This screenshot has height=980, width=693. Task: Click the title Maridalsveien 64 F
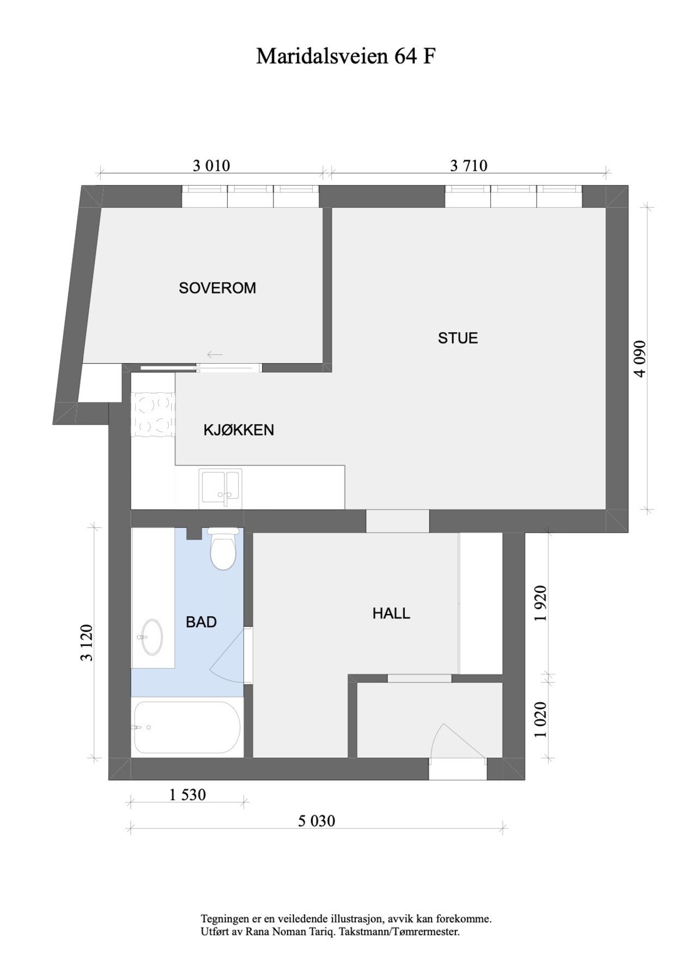click(x=346, y=56)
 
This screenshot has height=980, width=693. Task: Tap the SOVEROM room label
click(x=217, y=288)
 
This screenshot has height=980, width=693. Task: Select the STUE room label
click(x=458, y=338)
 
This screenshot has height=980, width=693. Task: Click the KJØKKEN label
click(x=239, y=430)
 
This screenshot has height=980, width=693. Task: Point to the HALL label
click(x=391, y=614)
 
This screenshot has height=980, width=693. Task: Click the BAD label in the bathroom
click(x=201, y=622)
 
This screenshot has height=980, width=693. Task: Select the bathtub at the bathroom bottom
click(x=187, y=727)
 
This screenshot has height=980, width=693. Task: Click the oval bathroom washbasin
click(x=151, y=636)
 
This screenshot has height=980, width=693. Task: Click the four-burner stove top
click(x=153, y=415)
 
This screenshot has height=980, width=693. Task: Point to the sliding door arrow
click(x=215, y=355)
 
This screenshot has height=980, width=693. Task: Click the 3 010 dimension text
click(x=211, y=166)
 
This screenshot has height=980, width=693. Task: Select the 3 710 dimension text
click(x=469, y=166)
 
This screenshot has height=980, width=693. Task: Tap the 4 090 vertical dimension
click(x=640, y=359)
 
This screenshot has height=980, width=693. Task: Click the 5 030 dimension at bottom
click(x=317, y=820)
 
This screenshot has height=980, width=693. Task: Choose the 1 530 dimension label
click(x=187, y=795)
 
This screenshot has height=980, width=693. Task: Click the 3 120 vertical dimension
click(x=87, y=642)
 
